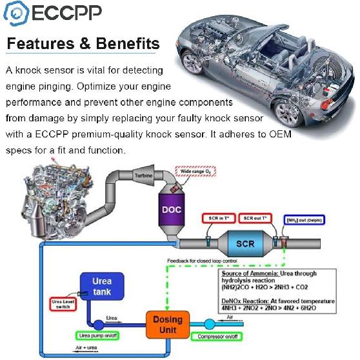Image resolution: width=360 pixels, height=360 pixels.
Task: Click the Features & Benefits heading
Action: tap(83, 44)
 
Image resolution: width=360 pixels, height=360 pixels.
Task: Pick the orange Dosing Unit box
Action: tap(167, 324)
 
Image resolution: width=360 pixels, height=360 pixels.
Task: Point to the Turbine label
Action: tap(143, 175)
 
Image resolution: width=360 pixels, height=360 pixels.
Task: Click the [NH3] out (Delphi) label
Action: tap(306, 220)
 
